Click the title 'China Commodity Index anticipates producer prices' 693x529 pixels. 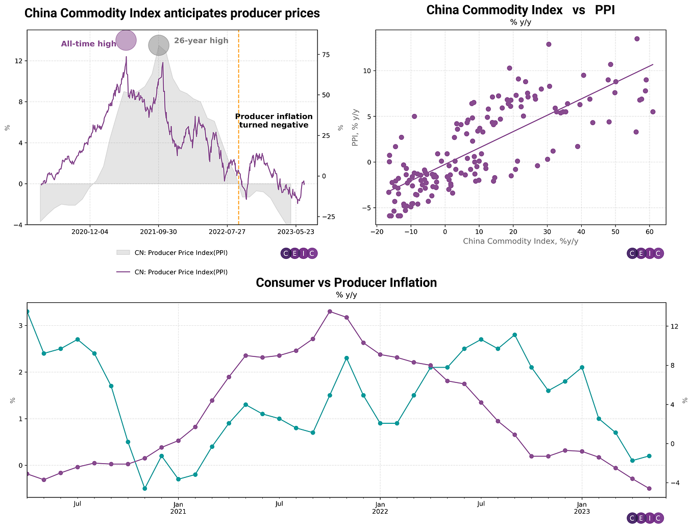172,13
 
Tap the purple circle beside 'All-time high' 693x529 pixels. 126,40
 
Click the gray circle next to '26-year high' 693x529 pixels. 159,45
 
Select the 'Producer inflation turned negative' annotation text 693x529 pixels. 274,121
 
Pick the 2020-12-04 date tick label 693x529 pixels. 90,231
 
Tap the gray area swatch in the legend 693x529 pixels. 123,252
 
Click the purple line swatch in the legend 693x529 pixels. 123,272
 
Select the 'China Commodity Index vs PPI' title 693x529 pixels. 521,10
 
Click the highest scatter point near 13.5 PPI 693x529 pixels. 637,39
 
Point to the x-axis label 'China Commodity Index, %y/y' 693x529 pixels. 521,241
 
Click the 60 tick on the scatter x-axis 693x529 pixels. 649,232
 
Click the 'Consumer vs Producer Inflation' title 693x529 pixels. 346,282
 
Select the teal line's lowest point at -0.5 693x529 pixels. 145,489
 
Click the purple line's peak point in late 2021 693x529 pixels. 330,311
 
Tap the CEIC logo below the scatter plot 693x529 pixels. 645,253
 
